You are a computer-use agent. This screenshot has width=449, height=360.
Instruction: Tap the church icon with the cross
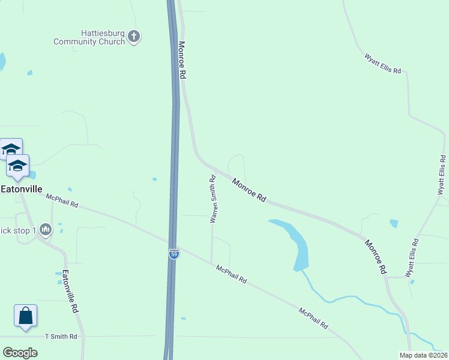click(x=134, y=37)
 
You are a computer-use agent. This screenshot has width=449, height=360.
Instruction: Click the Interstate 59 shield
click(x=173, y=254)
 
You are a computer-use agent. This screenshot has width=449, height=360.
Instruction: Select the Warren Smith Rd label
click(x=212, y=199)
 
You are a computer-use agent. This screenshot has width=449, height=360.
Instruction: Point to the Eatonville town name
click(x=22, y=188)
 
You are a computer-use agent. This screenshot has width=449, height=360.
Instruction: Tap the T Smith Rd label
click(x=61, y=337)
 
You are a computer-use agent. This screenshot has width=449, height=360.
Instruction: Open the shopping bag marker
click(x=25, y=316)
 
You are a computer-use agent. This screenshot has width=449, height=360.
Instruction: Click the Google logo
click(x=20, y=352)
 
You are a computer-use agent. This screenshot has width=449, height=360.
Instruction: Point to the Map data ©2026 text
click(x=423, y=355)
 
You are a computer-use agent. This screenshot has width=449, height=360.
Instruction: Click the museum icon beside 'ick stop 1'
click(x=46, y=230)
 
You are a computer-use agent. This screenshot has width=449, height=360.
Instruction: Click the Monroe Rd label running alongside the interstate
click(x=182, y=60)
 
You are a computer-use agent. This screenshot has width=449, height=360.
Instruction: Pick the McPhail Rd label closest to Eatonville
click(x=62, y=200)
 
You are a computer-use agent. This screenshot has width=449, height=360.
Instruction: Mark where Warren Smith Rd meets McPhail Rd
click(x=212, y=263)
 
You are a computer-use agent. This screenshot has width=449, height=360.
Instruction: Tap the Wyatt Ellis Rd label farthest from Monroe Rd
click(x=382, y=63)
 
